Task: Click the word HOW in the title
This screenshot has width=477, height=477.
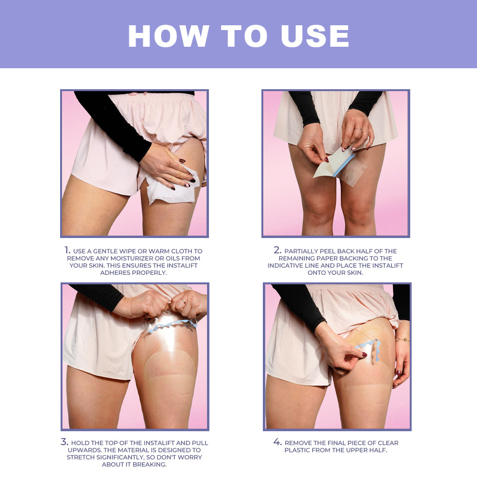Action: tap(168, 36)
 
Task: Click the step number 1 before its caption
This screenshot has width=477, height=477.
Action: tap(67, 250)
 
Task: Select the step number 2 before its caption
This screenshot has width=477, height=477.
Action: tap(278, 250)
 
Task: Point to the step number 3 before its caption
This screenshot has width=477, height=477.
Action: tap(64, 442)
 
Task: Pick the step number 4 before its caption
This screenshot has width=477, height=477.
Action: tap(278, 442)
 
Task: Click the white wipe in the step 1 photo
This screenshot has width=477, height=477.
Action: tap(169, 188)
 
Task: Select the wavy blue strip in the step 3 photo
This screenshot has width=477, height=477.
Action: tap(172, 326)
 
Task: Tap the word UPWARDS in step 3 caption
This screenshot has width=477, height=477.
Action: tap(84, 450)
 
